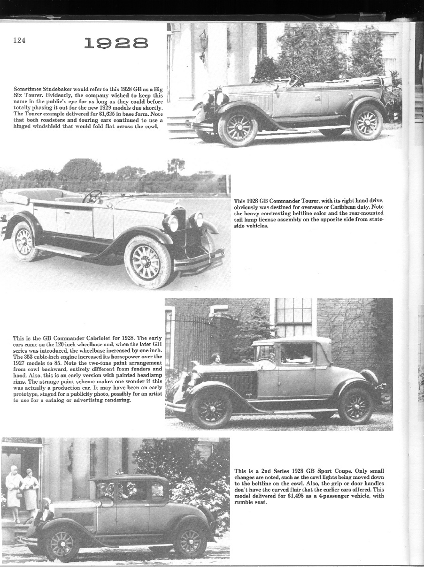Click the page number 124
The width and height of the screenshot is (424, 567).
pos(19,40)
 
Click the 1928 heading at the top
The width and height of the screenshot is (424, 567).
pos(116,44)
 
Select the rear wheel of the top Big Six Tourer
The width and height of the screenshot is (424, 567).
pos(366,123)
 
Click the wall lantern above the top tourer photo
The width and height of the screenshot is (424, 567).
pos(203,43)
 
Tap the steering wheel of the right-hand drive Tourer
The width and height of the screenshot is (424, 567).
pos(92,196)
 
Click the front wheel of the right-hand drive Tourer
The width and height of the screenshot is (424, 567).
pos(147,261)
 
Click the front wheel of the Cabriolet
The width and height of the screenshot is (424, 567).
pos(211,408)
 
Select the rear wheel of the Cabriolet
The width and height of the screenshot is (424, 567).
pos(355,406)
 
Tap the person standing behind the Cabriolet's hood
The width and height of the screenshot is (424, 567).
pos(216,359)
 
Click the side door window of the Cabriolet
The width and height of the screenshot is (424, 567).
pos(296,354)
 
